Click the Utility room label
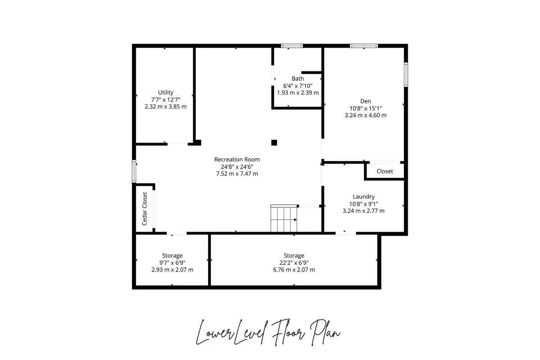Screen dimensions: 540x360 point(166,93)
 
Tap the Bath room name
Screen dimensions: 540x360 point(298,78)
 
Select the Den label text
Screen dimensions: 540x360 point(365,101)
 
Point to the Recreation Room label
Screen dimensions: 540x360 point(237,159)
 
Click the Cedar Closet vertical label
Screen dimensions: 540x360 point(145,209)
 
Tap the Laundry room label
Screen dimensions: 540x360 point(364,197)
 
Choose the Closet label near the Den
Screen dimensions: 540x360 point(385,171)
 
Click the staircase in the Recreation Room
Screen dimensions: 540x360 point(284,219)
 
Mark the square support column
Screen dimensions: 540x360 point(274,143)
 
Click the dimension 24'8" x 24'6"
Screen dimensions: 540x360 point(237,167)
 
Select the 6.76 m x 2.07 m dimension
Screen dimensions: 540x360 point(294,270)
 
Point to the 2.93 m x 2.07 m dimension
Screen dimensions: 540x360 point(172,270)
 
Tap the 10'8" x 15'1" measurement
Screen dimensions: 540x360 point(365,108)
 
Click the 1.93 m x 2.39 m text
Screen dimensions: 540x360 point(298,93)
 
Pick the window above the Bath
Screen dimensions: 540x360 point(292,46)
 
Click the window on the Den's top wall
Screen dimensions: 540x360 point(364,46)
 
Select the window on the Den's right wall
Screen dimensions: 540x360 point(406,75)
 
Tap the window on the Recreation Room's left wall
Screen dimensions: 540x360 point(134,171)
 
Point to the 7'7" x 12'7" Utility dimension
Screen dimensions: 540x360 point(166,100)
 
